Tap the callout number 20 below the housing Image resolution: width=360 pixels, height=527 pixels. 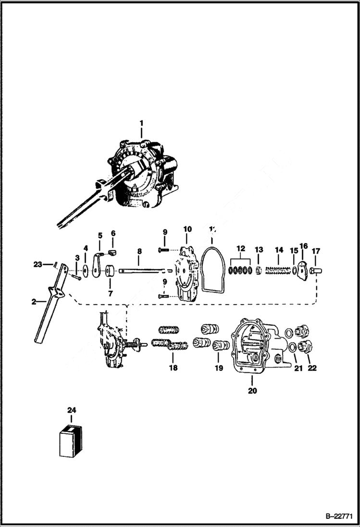pos(252,391)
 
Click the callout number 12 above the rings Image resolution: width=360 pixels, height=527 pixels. pos(241,248)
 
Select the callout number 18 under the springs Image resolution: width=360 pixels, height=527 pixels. pos(173,368)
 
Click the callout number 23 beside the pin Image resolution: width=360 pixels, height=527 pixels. pos(38,264)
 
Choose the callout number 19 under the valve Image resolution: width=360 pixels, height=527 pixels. pos(219,368)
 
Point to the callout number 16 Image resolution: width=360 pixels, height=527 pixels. pos(303,246)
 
